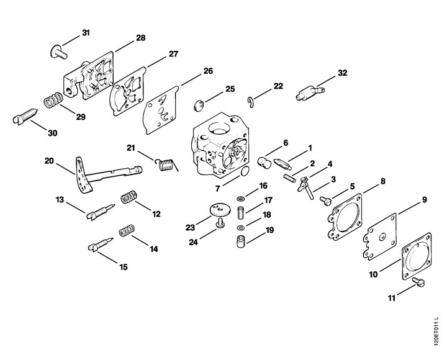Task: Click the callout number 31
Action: [86, 33]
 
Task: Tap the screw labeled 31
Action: [59, 52]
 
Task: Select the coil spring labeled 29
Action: [53, 101]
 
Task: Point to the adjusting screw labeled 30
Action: [25, 116]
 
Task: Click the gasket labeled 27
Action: [128, 91]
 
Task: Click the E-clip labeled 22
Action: [251, 102]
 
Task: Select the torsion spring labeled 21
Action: [167, 165]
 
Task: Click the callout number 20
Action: [49, 161]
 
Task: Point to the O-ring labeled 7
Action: [245, 171]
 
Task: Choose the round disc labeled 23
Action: [219, 210]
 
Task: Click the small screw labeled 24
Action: [220, 223]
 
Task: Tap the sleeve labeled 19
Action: [241, 241]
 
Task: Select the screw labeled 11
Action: [418, 282]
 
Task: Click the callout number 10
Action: [373, 274]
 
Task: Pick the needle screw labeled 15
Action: [101, 245]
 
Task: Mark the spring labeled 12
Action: [129, 197]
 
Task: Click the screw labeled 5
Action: [325, 200]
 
